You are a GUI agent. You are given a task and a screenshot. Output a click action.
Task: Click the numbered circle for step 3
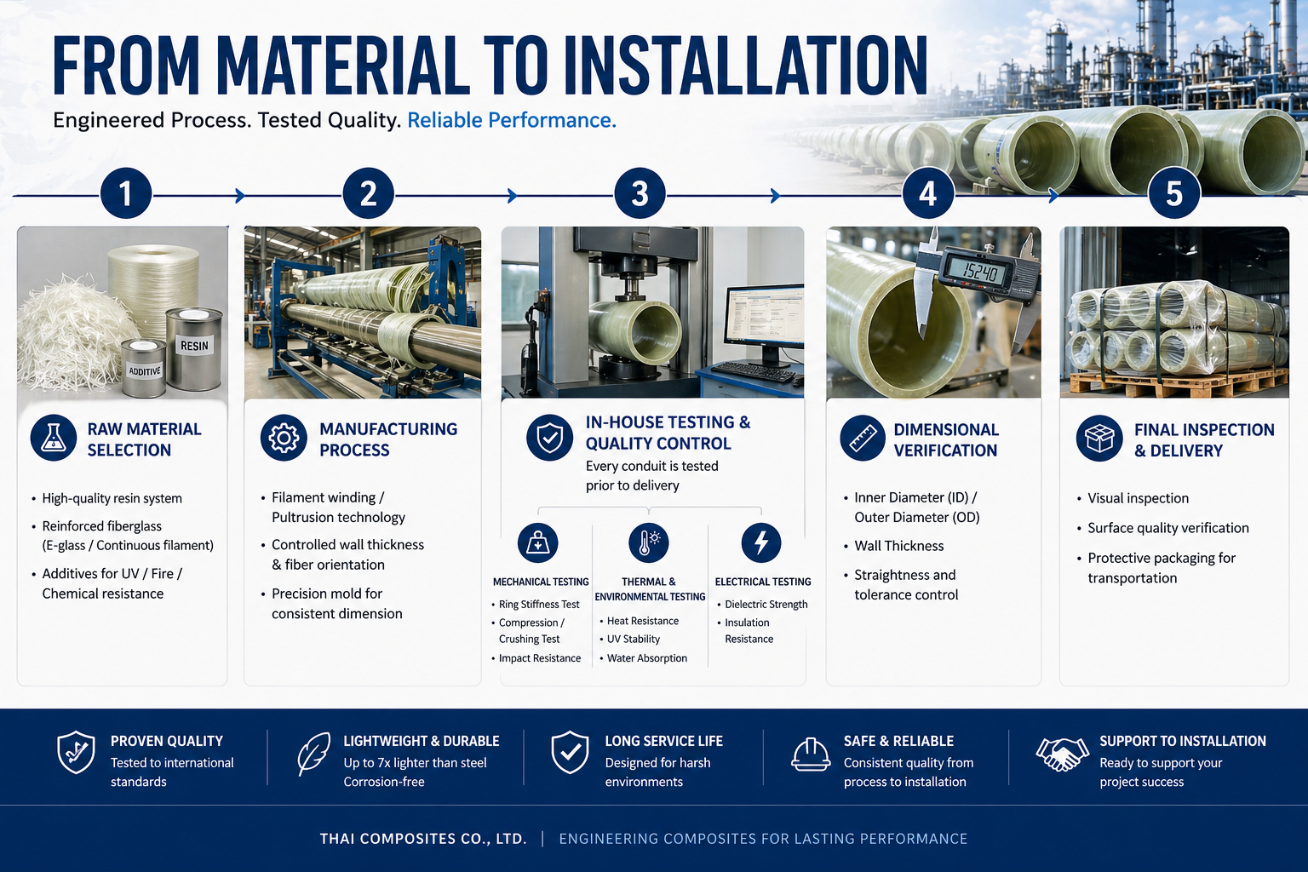click(x=640, y=193)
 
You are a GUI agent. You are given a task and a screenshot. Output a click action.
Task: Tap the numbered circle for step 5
click(x=1174, y=193)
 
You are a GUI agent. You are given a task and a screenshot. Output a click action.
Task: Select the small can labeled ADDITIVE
click(x=144, y=368)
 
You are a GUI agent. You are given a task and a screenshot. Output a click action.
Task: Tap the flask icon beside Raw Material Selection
click(x=54, y=438)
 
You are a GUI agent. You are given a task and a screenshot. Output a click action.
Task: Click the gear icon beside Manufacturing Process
click(x=284, y=438)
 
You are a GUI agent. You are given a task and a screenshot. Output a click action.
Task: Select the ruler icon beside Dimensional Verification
click(x=863, y=438)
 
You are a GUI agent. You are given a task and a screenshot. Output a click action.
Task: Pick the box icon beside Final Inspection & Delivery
click(x=1099, y=438)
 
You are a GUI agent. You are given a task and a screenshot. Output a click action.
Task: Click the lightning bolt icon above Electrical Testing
click(x=760, y=542)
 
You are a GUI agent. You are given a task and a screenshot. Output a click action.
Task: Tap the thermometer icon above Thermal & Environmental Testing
click(x=648, y=542)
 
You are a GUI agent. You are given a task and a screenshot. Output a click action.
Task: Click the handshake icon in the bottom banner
click(x=1062, y=754)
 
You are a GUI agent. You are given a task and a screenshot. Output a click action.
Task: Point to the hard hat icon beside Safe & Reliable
click(x=811, y=754)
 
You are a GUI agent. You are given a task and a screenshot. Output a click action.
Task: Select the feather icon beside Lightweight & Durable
click(x=313, y=754)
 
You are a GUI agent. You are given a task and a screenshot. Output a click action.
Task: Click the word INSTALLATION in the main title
click(x=746, y=66)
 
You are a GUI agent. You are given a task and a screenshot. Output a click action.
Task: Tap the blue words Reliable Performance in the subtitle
click(x=512, y=120)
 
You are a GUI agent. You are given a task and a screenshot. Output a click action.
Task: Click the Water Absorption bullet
click(x=644, y=658)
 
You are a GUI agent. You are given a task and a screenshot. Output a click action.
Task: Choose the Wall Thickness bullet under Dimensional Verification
click(x=894, y=546)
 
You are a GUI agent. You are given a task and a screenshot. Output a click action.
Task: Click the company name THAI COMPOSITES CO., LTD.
click(x=422, y=839)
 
